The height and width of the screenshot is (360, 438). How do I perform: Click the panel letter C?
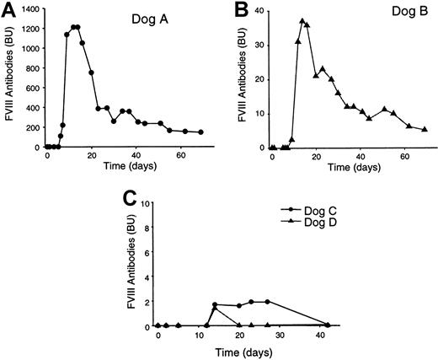pyautogui.click(x=127, y=198)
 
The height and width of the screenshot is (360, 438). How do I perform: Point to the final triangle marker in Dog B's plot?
pyautogui.click(x=425, y=129)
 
